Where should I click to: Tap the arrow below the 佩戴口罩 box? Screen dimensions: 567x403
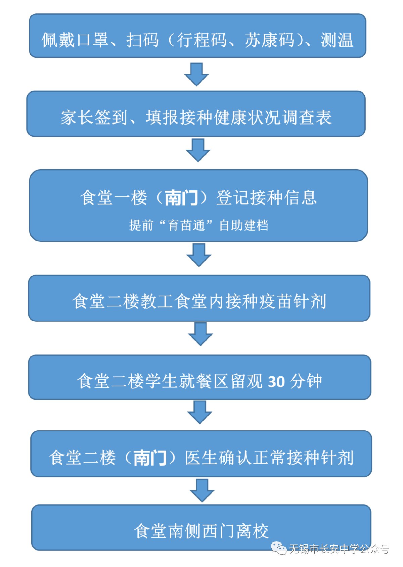click(x=196, y=74)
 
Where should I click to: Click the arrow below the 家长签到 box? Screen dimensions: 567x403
click(x=198, y=150)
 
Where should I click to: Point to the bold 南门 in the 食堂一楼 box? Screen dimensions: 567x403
click(x=181, y=198)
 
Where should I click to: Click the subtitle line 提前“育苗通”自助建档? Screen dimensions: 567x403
click(x=199, y=225)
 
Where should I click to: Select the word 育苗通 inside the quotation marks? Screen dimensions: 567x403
click(x=186, y=225)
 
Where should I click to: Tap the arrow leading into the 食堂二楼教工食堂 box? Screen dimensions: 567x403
click(x=199, y=255)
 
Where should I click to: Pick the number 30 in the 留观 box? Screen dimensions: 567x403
click(x=276, y=382)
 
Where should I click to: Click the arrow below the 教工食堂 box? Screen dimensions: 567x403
click(x=200, y=334)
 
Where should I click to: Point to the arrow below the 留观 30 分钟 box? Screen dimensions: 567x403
click(x=199, y=412)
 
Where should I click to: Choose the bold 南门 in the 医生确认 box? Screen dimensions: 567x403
click(x=150, y=458)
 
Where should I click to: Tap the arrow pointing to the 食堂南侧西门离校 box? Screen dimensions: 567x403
click(x=202, y=490)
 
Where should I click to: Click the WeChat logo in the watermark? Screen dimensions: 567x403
click(x=279, y=549)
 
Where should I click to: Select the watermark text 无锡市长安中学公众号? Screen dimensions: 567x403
click(x=339, y=549)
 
